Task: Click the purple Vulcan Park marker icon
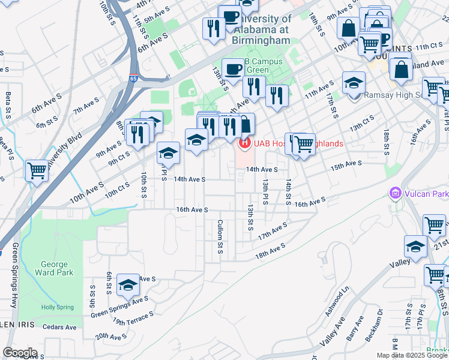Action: tap(394, 194)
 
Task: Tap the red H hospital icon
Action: tap(244, 143)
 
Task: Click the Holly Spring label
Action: tap(57, 307)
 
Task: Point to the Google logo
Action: tap(20, 352)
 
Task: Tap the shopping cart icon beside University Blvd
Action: tap(37, 170)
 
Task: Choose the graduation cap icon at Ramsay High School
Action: tap(354, 82)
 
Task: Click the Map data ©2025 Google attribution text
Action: tap(411, 355)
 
